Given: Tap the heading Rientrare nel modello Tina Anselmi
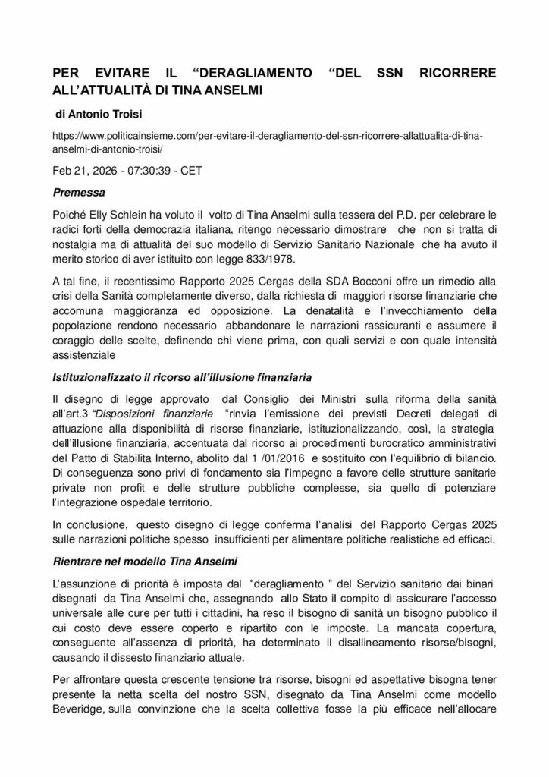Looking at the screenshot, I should pyautogui.click(x=145, y=564).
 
